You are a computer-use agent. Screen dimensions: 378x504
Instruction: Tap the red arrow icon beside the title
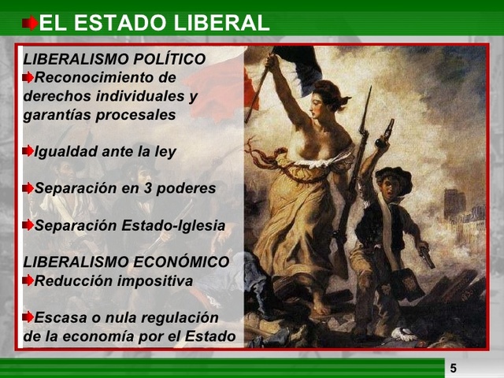(29, 23)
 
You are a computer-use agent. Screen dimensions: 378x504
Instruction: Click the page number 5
(454, 368)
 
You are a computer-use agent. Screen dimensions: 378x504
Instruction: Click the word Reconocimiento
(106, 77)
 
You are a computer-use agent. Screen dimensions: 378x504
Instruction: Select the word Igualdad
(65, 151)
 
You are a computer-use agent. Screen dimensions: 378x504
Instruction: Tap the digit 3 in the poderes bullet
(143, 188)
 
